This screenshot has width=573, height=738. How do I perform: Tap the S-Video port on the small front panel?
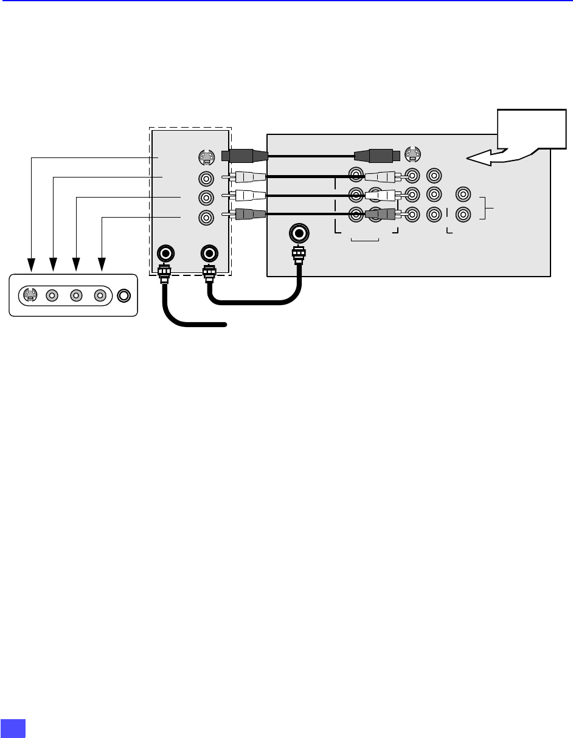point(29,295)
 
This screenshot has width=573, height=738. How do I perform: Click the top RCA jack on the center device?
point(207,179)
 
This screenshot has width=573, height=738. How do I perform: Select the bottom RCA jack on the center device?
point(207,217)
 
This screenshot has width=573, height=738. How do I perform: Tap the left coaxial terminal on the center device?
point(164,253)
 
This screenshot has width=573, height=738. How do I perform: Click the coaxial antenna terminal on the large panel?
point(299,233)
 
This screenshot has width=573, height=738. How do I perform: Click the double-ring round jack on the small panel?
point(124,295)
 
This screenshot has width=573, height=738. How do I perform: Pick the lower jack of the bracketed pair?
point(463,214)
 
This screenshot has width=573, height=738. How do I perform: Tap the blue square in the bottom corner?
point(13,728)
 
